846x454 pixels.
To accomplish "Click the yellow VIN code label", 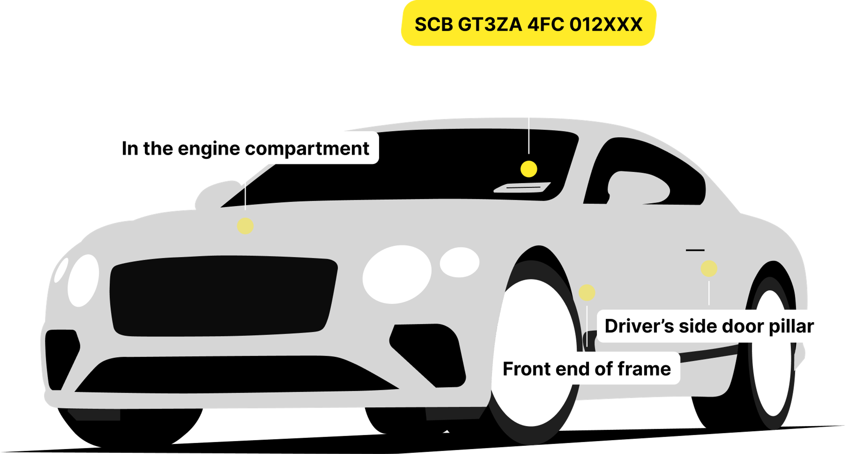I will point(529,24).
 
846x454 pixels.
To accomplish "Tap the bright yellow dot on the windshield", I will point(529,169).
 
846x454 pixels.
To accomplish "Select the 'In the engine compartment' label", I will point(245,148).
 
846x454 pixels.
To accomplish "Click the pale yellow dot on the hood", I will point(245,226).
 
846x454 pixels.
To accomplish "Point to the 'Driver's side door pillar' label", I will point(709,326).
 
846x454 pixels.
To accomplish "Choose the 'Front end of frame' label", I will point(586,369).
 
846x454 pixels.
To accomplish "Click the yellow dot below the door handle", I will point(709,269).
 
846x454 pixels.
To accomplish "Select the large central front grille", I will point(223,295).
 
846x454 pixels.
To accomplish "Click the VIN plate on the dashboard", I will point(522,187).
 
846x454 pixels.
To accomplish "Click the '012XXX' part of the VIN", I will point(606,24).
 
